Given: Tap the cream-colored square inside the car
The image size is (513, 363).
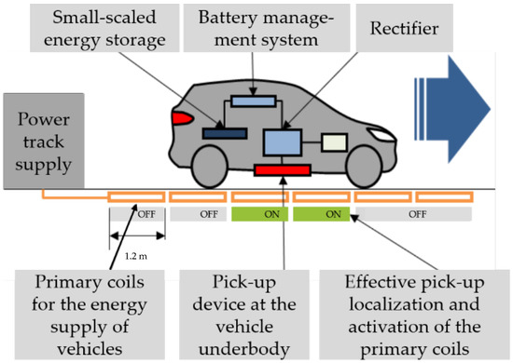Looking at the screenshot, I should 334,141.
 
